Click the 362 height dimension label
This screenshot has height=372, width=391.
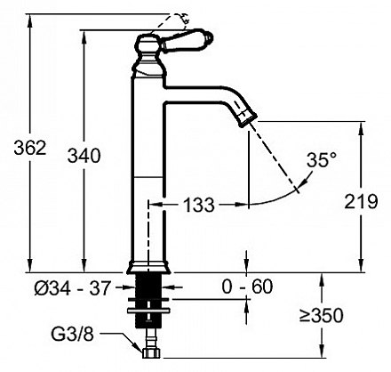(x=30, y=148)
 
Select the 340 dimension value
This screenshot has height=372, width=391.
(x=84, y=156)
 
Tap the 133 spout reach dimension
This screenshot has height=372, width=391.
(x=199, y=205)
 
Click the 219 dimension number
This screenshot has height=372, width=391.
(x=361, y=202)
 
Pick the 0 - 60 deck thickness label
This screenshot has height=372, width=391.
(x=247, y=287)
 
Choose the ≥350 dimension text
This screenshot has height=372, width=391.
(x=321, y=315)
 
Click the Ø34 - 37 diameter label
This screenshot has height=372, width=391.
(x=72, y=287)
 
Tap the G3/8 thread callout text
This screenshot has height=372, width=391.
(x=73, y=335)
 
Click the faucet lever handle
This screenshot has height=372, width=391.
(x=188, y=41)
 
